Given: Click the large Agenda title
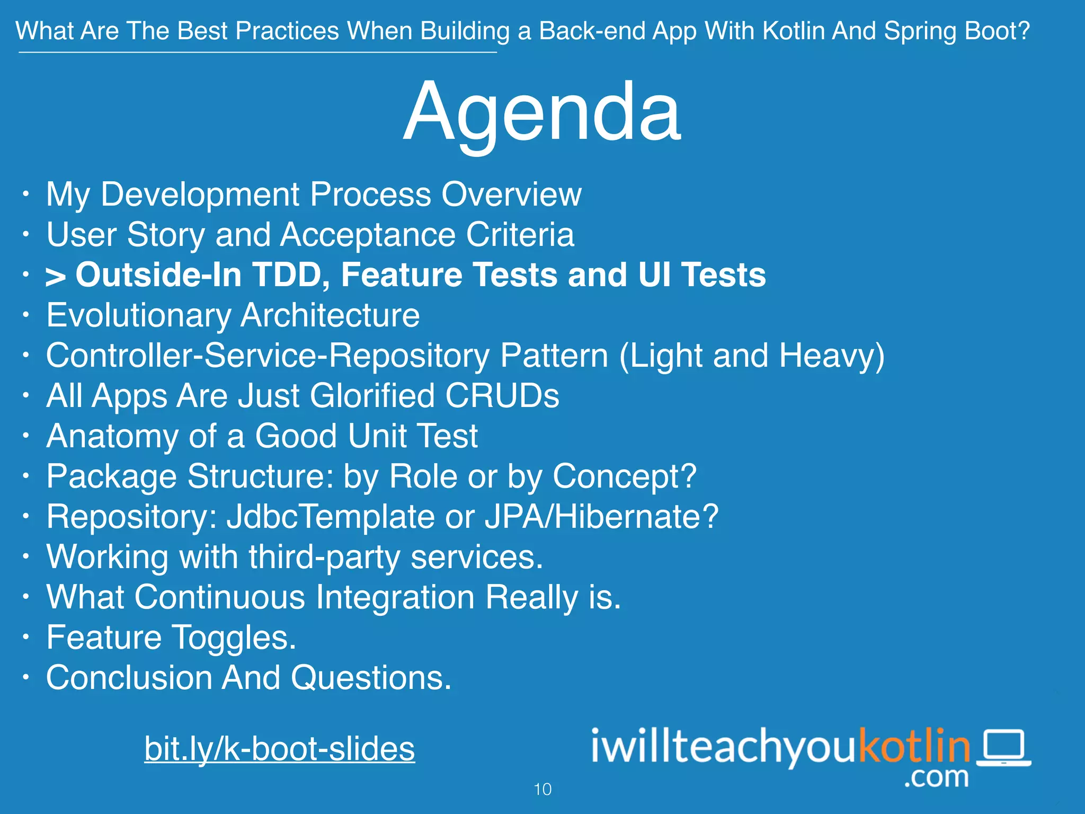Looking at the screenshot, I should [x=541, y=112].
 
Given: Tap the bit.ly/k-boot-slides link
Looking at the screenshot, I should [x=279, y=749].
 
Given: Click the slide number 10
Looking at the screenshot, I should [x=542, y=790].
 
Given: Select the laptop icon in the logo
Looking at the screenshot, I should [x=1003, y=748].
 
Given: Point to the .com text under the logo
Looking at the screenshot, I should [x=936, y=777].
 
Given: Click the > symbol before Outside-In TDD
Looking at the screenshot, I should [x=56, y=276].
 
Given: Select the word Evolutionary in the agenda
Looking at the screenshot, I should [x=139, y=315].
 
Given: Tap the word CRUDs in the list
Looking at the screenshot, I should [x=502, y=396].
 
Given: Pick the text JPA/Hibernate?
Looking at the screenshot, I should [x=601, y=517].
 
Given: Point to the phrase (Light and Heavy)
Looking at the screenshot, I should [x=752, y=356].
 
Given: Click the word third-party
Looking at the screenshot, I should [x=324, y=558].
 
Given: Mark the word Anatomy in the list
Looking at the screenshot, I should [x=112, y=436].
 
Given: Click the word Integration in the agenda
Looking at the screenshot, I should [x=395, y=597].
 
